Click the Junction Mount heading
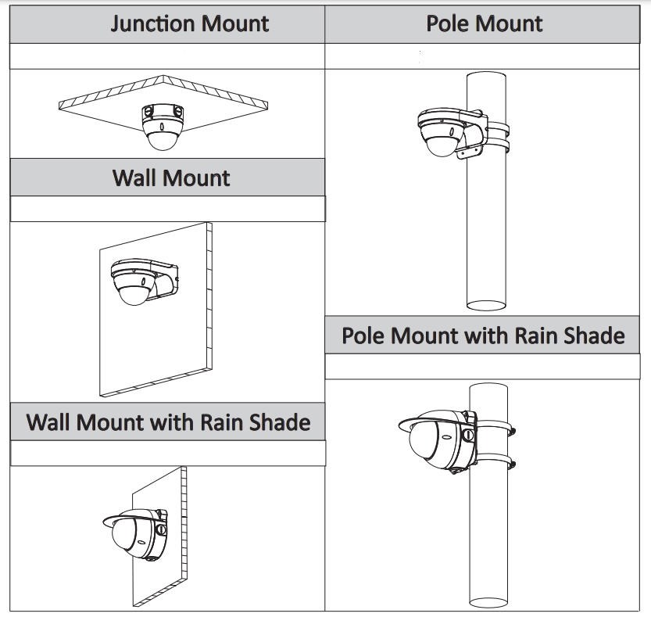pos(189,23)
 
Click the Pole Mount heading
pos(484,23)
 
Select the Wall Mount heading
pos(171,178)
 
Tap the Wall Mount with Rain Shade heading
pos(168,422)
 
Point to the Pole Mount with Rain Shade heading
pos(483,336)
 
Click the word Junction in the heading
pos(153,23)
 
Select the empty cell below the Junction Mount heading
pos(167,56)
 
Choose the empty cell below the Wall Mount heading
pos(167,209)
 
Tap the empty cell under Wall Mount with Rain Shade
pos(167,454)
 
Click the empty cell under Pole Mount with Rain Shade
pos(482,367)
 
